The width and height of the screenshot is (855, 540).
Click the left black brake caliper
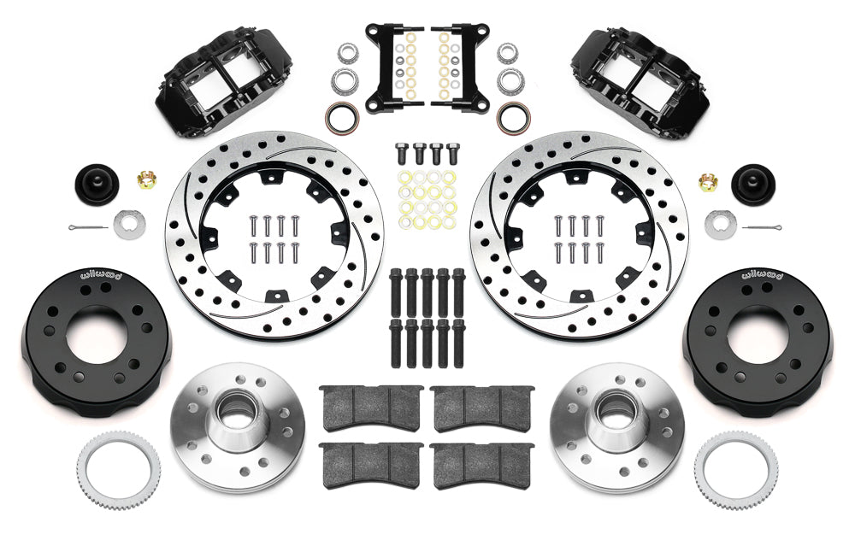click(223, 83)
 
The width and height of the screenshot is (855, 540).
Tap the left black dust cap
click(97, 185)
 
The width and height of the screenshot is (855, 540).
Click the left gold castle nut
click(146, 179)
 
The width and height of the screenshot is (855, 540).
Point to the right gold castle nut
click(708, 182)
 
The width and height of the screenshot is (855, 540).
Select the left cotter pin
click(88, 226)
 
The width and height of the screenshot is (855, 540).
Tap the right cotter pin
click(763, 226)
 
